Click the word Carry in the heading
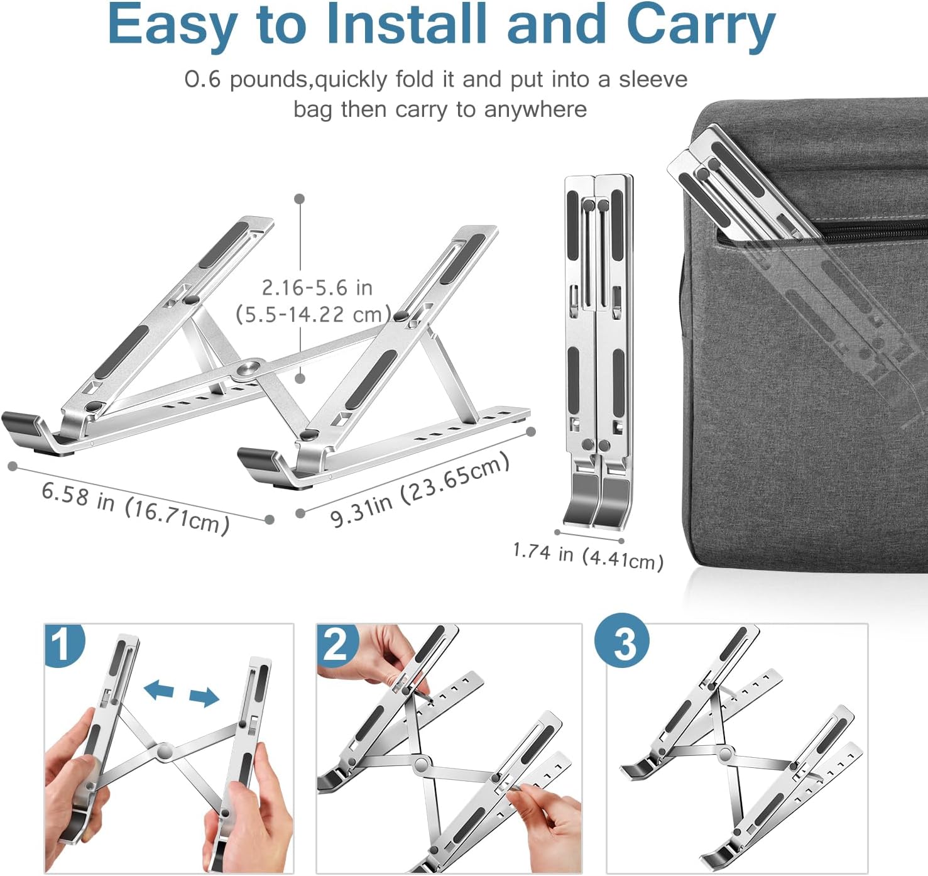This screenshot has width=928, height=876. pos(700,25)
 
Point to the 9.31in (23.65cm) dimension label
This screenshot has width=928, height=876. pos(420,490)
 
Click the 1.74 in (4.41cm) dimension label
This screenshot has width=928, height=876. pos(588,556)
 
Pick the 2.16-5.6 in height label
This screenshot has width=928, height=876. pos(317,288)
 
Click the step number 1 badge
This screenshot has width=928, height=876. pos(62,644)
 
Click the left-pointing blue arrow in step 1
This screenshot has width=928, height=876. pos(158,691)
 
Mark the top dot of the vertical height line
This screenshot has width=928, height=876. pos(300,199)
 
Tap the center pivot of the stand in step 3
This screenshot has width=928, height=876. pos(726,753)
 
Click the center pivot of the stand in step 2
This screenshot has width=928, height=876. pos(420,764)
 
